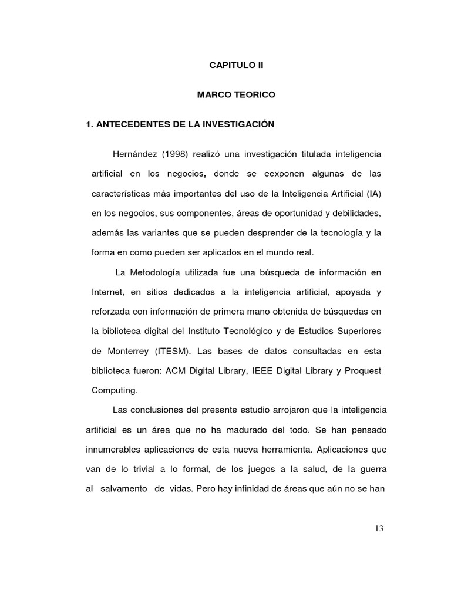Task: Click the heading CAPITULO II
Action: (x=237, y=66)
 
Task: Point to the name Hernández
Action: (x=133, y=154)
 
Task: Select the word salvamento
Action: (x=123, y=489)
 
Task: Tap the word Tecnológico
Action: (x=260, y=332)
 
